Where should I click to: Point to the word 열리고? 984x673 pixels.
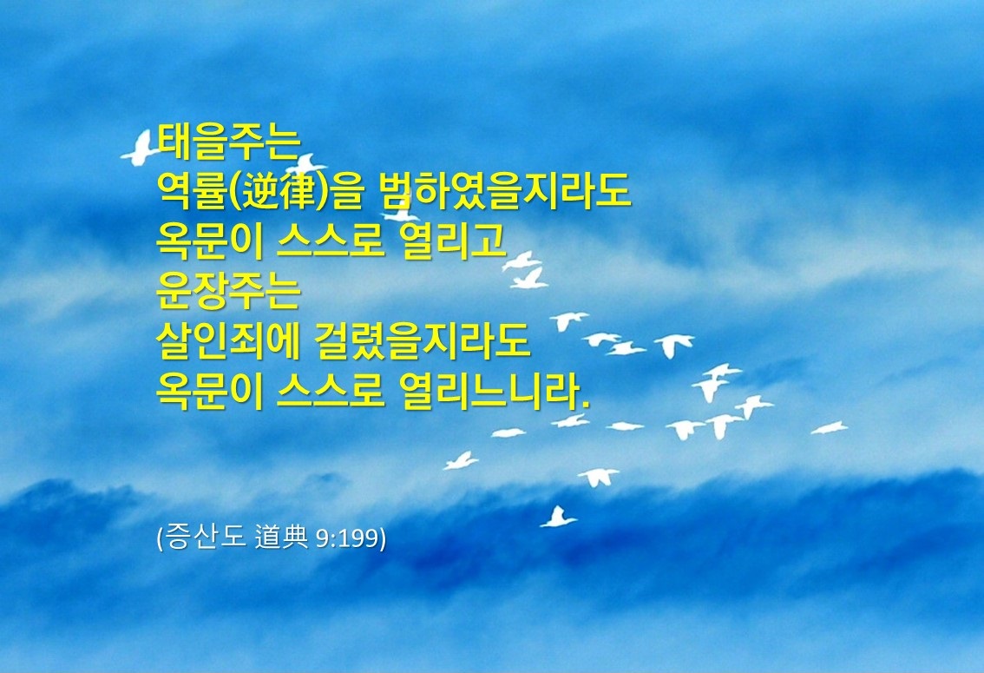pyautogui.click(x=452, y=241)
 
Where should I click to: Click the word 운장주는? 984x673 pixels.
pyautogui.click(x=229, y=289)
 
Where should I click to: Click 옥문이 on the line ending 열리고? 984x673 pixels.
pyautogui.click(x=210, y=241)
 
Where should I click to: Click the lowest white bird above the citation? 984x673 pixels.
pyautogui.click(x=557, y=518)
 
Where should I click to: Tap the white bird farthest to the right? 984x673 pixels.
pyautogui.click(x=829, y=428)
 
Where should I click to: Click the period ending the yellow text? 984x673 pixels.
pyautogui.click(x=586, y=404)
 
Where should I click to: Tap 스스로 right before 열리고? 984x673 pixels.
pyautogui.click(x=330, y=241)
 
